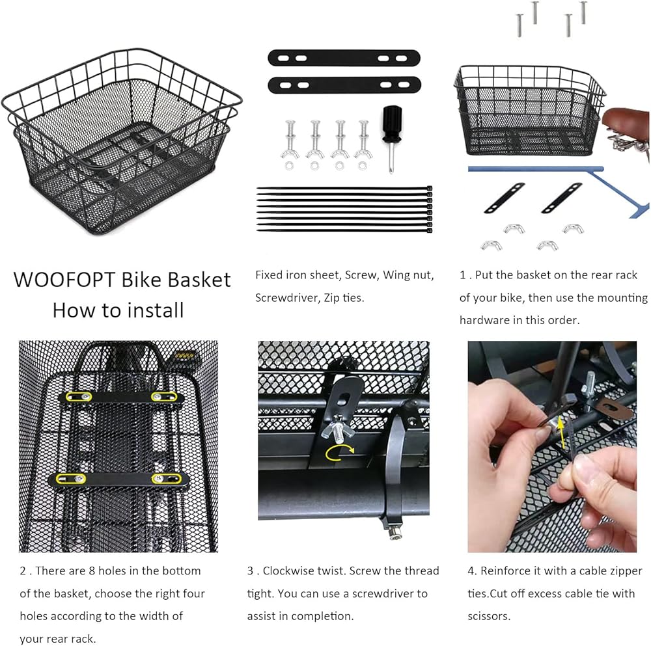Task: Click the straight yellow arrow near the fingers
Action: click(x=561, y=432)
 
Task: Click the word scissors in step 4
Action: click(x=489, y=616)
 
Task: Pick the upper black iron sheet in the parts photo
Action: click(x=344, y=58)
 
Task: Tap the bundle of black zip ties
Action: click(x=344, y=209)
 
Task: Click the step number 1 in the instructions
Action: click(x=462, y=275)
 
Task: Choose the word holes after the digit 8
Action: click(x=112, y=571)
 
